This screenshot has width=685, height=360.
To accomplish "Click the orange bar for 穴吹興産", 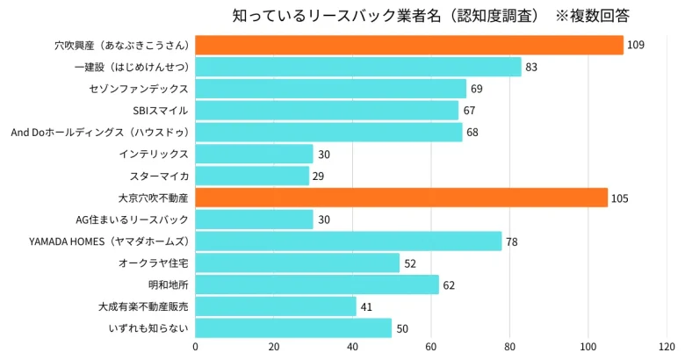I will tap(408, 45).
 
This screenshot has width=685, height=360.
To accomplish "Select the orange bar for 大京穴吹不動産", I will tap(400, 198).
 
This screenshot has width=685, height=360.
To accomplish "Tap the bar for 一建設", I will tap(357, 67).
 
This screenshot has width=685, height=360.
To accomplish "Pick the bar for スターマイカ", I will tap(252, 176).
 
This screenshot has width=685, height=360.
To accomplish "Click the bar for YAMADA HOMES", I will tap(348, 241).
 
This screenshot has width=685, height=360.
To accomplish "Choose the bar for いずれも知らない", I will tap(293, 328).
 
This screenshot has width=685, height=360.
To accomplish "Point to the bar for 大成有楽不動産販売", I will tap(276, 306).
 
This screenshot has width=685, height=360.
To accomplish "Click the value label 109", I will tap(636, 45).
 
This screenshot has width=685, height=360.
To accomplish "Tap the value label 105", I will tap(619, 198).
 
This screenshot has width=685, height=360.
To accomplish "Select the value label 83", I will tap(531, 67).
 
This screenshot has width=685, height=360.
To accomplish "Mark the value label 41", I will tap(366, 307).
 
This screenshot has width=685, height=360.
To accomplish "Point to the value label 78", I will tap(511, 241).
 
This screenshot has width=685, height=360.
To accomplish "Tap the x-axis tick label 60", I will tap(431, 347).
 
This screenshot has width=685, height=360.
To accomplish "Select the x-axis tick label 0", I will tap(195, 347).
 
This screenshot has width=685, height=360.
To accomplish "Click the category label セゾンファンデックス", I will tap(139, 89).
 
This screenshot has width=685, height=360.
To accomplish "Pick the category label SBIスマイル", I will tap(161, 111).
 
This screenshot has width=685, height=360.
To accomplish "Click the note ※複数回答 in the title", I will tap(592, 16).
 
